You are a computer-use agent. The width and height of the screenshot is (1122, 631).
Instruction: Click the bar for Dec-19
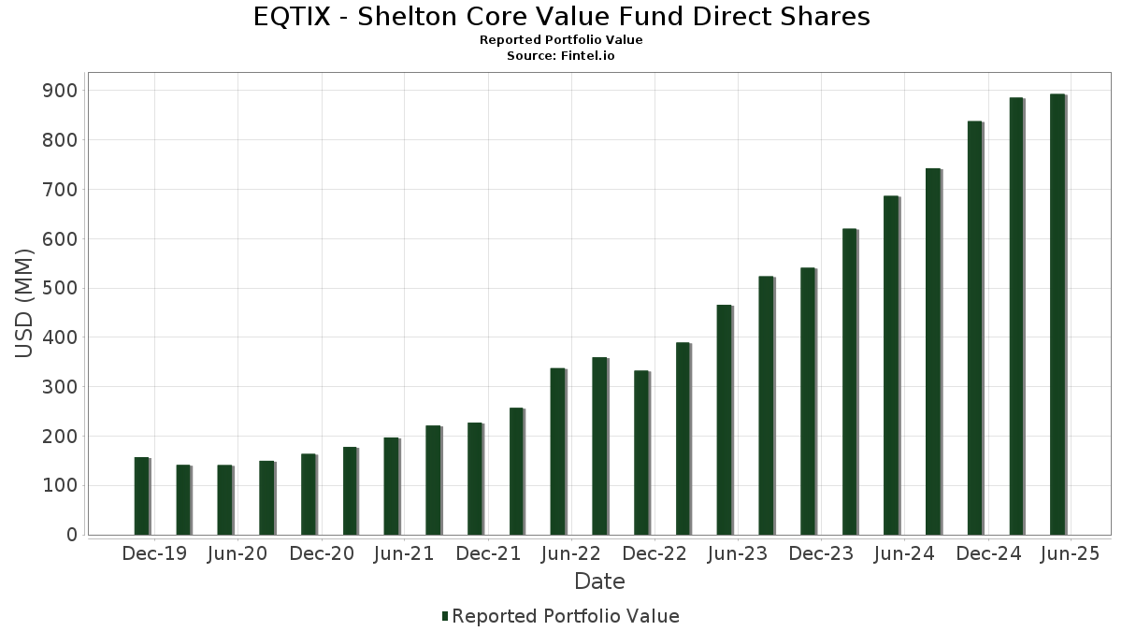tap(141, 495)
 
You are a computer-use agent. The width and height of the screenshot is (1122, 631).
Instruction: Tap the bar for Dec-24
tap(974, 328)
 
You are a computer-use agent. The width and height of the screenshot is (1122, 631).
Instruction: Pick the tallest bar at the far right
tap(1057, 314)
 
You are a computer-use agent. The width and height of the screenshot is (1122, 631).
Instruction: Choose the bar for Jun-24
tap(890, 366)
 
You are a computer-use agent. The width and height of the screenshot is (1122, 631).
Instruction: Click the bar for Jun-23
tap(724, 420)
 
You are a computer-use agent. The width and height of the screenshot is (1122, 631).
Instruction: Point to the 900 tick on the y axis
tap(65, 91)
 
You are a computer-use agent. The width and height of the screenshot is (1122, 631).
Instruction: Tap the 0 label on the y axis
tap(71, 535)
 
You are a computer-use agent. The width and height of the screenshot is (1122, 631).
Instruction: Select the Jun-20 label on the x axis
tap(237, 553)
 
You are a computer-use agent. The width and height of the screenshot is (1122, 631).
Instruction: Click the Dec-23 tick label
tap(821, 553)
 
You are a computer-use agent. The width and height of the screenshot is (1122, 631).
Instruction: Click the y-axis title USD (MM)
tap(25, 304)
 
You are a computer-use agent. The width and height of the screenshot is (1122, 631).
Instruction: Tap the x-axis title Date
tap(599, 581)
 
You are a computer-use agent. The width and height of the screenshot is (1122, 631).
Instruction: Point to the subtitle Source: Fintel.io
tap(561, 55)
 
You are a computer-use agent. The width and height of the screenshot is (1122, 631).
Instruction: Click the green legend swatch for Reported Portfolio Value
tap(445, 616)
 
